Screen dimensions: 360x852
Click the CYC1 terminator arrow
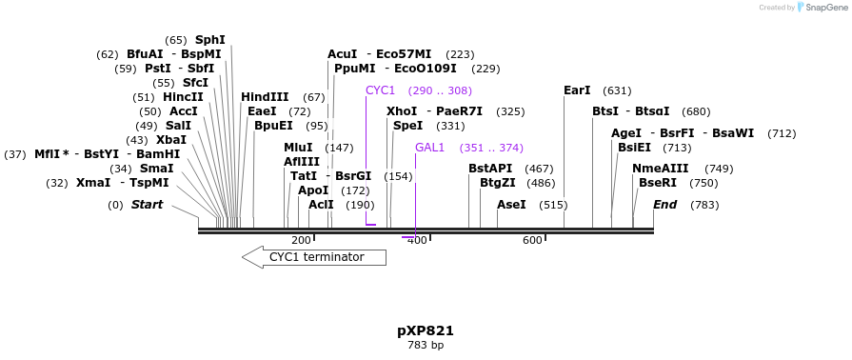click(314, 257)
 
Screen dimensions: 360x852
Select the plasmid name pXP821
click(426, 330)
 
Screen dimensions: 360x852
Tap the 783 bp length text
click(426, 345)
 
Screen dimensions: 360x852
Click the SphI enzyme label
click(210, 40)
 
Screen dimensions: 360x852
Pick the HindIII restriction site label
click(265, 97)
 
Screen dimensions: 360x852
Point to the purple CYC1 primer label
click(380, 90)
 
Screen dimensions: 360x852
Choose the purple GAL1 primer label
click(429, 148)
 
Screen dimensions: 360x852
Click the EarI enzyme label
click(577, 90)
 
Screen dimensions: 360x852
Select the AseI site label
click(511, 205)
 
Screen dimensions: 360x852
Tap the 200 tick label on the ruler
click(301, 240)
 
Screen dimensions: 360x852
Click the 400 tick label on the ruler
click(417, 240)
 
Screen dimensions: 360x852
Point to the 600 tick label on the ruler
click(532, 240)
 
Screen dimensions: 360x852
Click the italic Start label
click(147, 205)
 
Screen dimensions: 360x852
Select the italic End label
click(664, 205)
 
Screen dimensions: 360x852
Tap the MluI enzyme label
click(298, 148)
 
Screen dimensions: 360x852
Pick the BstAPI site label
click(490, 169)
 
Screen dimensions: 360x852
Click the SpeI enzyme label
click(407, 126)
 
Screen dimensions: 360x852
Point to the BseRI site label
click(658, 183)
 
